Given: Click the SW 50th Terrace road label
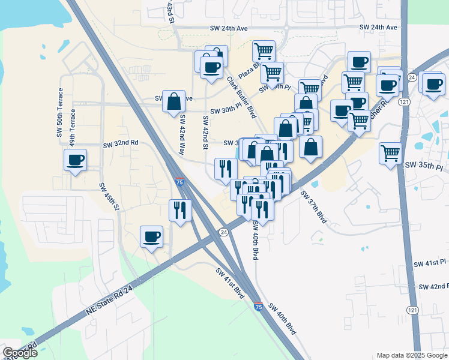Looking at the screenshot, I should pyautogui.click(x=60, y=113).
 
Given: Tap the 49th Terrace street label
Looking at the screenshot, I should pyautogui.click(x=72, y=128).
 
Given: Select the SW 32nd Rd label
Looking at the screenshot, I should pyautogui.click(x=121, y=144).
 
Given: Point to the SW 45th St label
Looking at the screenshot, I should pyautogui.click(x=110, y=196).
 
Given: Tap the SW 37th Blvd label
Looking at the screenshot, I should pyautogui.click(x=313, y=208).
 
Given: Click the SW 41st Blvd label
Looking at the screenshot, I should pyautogui.click(x=231, y=283).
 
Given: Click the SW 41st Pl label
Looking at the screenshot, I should pyautogui.click(x=430, y=263).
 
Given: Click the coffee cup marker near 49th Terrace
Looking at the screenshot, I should pyautogui.click(x=76, y=160).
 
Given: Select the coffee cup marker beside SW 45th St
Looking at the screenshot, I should pyautogui.click(x=151, y=236).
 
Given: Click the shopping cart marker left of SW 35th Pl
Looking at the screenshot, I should pyautogui.click(x=390, y=153).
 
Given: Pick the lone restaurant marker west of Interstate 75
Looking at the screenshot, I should pyautogui.click(x=180, y=211).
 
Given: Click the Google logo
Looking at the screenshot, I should pyautogui.click(x=20, y=353).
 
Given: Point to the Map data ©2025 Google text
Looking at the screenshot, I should pyautogui.click(x=411, y=355).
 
